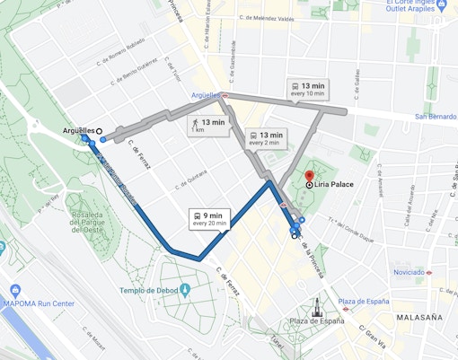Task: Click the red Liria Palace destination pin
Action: pyautogui.click(x=309, y=175)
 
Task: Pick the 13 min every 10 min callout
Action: pyautogui.click(x=306, y=88)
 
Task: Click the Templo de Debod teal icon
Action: pyautogui.click(x=185, y=290)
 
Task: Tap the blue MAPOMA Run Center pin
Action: pyautogui.click(x=15, y=291)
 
